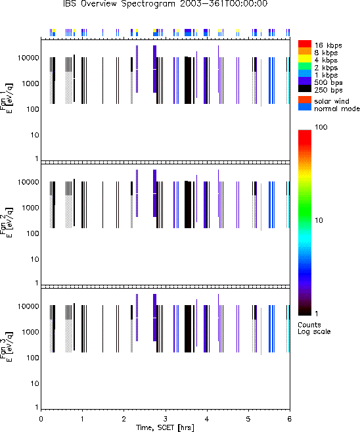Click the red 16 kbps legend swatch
305,44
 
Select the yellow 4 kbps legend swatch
305,59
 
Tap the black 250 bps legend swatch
305,89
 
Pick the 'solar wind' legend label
332,101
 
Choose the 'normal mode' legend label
337,108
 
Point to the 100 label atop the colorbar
321,127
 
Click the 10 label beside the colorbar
319,220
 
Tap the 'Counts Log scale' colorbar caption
314,328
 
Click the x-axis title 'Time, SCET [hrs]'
165,427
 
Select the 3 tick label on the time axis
165,419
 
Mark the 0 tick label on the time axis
41,419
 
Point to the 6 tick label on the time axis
289,419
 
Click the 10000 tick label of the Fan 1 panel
28,58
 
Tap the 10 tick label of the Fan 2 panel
35,259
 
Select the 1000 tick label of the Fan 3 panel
30,332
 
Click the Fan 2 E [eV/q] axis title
7,223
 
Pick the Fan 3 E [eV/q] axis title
7,347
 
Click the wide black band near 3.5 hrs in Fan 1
188,80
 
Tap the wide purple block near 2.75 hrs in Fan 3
154,318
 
